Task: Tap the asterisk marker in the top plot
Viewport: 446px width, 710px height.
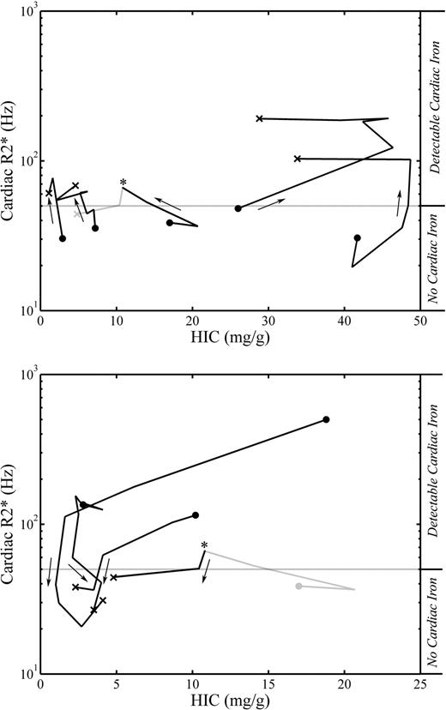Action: [124, 183]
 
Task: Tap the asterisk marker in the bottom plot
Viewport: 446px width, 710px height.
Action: [204, 545]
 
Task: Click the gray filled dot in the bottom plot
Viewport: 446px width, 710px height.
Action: [298, 586]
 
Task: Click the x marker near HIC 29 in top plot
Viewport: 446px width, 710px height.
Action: [260, 118]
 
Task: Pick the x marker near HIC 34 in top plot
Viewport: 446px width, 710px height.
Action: [298, 159]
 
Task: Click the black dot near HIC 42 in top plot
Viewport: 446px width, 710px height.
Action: [358, 238]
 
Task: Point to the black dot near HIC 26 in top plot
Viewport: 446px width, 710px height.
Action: [238, 208]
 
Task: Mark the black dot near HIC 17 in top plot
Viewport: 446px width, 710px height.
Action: [170, 222]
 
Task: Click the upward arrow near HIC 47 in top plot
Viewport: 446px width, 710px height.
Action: [398, 204]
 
